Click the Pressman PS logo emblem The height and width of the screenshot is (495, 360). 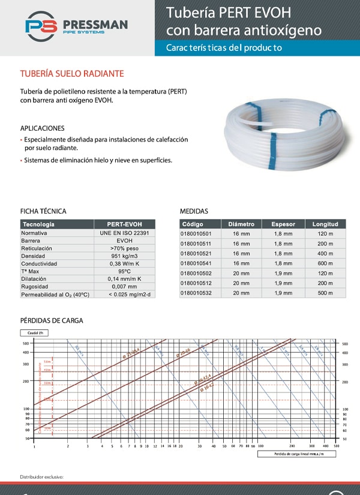[x=41, y=27]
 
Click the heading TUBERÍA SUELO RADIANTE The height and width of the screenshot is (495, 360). [x=72, y=74]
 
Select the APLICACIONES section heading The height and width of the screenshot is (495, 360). [x=42, y=128]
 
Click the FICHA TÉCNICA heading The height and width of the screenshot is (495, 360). [x=43, y=211]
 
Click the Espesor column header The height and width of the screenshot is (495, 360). [x=283, y=224]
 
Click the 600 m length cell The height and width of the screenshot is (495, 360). [x=325, y=263]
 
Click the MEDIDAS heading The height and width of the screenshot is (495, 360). [x=194, y=211]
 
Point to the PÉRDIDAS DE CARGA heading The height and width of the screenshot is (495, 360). [x=52, y=321]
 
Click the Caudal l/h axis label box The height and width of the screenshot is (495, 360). [x=34, y=332]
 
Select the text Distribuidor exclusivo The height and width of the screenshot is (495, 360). [x=42, y=477]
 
